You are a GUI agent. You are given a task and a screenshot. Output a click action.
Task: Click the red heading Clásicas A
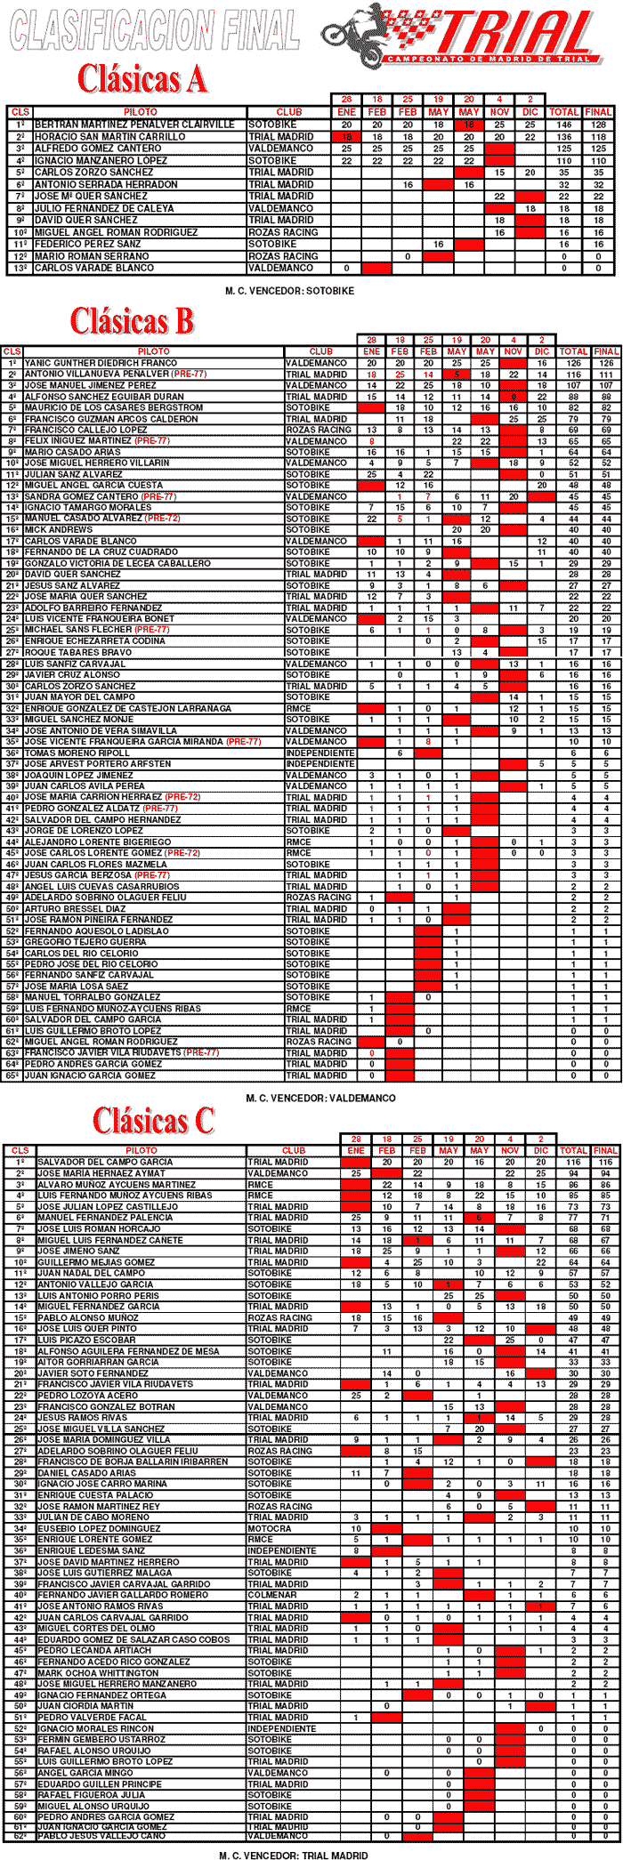pyautogui.click(x=142, y=79)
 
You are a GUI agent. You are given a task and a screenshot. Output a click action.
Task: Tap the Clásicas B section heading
pyautogui.click(x=132, y=320)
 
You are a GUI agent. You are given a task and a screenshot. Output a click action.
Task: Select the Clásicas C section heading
pyautogui.click(x=153, y=1121)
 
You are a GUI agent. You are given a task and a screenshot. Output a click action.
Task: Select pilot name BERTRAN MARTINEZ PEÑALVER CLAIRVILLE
pyautogui.click(x=134, y=125)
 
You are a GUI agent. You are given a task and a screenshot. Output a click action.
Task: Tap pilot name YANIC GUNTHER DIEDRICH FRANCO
pyautogui.click(x=101, y=363)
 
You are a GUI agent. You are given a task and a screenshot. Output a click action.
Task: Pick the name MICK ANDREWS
pyautogui.click(x=59, y=529)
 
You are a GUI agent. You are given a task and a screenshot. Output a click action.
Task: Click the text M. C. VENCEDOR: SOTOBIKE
pyautogui.click(x=290, y=290)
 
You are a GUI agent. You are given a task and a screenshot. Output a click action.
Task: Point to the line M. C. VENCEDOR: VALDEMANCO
pyautogui.click(x=320, y=1098)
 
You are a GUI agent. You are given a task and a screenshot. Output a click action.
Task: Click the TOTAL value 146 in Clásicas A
pyautogui.click(x=563, y=125)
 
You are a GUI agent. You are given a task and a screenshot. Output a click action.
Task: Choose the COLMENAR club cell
pyautogui.click(x=271, y=1595)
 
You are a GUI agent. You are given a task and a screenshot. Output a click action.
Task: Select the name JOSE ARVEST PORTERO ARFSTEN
pyautogui.click(x=98, y=763)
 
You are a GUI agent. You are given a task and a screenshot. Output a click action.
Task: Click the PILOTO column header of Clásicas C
pyautogui.click(x=141, y=1150)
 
